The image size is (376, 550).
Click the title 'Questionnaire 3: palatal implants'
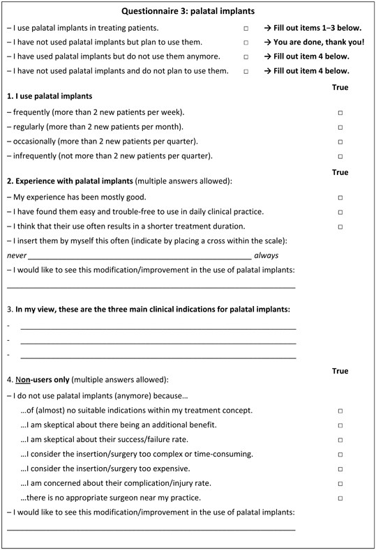coord(188,11)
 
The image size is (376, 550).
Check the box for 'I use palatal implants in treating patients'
coord(246,28)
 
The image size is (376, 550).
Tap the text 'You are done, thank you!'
coord(313,42)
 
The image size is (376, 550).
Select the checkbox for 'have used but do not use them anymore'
coord(246,56)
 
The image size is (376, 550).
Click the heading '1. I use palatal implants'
coord(50,96)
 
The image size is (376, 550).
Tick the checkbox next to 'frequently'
coord(340,112)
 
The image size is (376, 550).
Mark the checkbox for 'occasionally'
coord(340,142)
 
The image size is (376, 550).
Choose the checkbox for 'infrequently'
coord(340,156)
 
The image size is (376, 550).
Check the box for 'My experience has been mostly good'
coord(340,198)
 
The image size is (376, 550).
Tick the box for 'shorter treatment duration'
coord(340,227)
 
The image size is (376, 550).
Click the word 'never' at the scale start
coord(17,256)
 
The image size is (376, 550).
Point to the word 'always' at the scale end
coord(266,256)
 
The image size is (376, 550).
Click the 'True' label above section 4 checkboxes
coord(340,371)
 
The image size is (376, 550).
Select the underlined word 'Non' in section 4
coord(23,380)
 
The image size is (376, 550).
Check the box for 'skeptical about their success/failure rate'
coord(340,440)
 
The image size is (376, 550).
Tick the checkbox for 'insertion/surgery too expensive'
coord(340,469)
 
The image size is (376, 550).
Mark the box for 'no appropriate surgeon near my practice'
coord(340,498)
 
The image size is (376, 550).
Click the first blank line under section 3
coord(158,327)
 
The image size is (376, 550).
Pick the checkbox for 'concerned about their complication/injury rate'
coord(340,484)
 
